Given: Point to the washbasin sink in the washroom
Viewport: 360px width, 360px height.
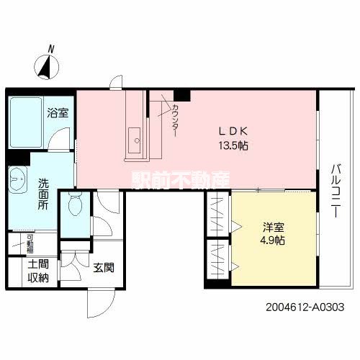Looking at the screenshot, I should point(17,180).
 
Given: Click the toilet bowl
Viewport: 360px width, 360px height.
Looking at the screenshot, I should point(73,207).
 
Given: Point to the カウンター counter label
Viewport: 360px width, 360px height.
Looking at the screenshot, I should point(176,118).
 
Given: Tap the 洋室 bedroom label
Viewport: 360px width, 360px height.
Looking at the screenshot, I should point(272,226).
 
